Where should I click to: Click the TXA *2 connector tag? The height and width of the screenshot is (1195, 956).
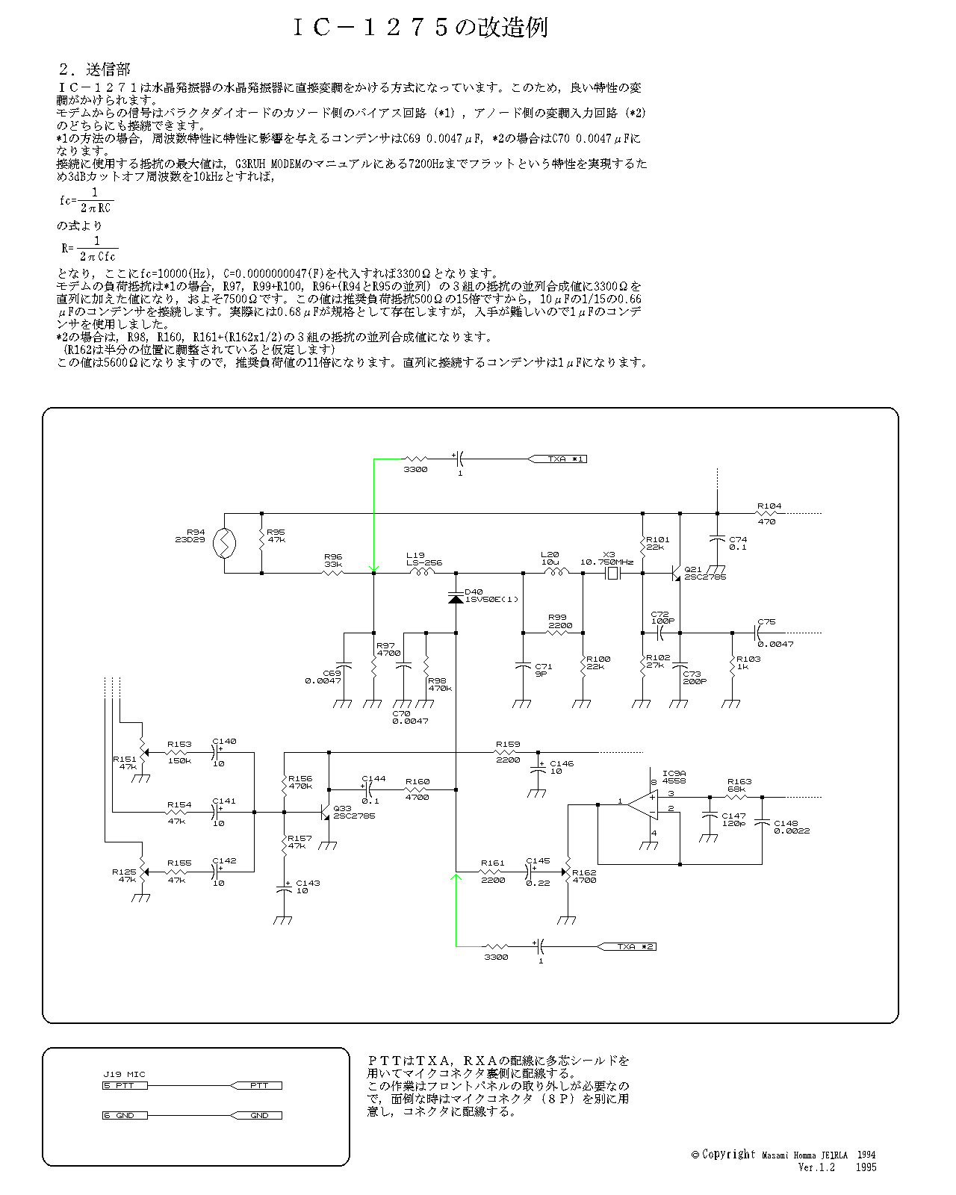click(x=630, y=946)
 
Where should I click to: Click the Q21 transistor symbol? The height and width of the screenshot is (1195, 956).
click(x=676, y=574)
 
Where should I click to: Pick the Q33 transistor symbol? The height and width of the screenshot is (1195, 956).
click(x=325, y=812)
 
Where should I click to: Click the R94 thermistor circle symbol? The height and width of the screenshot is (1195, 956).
click(x=224, y=544)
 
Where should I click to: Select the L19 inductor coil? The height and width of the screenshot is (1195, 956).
click(x=422, y=573)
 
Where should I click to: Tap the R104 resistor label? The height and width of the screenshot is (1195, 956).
click(x=769, y=506)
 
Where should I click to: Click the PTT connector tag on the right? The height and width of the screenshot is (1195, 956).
click(x=258, y=1085)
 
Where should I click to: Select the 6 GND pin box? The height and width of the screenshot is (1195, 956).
click(x=125, y=1115)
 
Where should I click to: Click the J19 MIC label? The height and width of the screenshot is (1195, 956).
click(x=124, y=1074)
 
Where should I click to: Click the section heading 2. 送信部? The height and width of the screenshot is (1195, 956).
click(x=94, y=69)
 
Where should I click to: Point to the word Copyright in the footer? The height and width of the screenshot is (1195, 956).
click(x=728, y=1154)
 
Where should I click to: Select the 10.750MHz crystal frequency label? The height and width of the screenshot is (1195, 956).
click(x=606, y=562)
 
